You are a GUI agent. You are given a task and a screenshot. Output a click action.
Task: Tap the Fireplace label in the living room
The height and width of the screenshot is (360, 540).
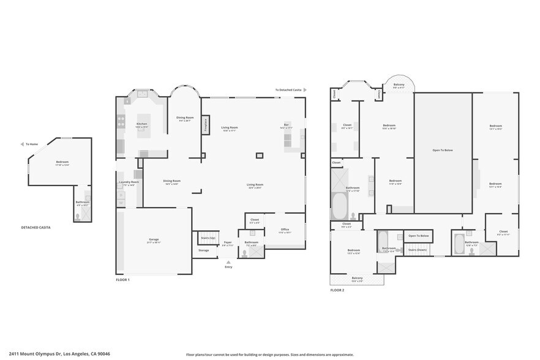click(205, 124)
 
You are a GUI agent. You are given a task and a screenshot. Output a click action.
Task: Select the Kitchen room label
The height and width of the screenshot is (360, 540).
click(141, 124)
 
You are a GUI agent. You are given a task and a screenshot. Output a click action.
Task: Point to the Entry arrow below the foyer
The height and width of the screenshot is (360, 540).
click(228, 263)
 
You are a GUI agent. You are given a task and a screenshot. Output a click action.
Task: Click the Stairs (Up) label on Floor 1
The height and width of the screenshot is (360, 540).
click(208, 237)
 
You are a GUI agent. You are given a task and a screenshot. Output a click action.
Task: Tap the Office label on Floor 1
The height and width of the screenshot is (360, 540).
click(285, 230)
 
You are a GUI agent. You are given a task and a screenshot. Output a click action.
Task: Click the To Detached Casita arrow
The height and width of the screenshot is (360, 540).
click(305, 90)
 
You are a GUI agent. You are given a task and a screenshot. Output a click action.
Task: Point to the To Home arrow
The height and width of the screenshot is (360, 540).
click(22, 144)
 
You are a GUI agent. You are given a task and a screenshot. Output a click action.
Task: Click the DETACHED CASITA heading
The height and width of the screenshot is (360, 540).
click(36, 228)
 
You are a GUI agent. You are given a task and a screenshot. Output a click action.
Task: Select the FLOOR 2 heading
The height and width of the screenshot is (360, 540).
click(337, 290)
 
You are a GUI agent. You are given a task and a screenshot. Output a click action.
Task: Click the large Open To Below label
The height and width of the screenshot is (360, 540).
click(442, 150)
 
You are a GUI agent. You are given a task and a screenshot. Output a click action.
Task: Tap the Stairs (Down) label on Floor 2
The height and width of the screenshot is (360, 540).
click(418, 250)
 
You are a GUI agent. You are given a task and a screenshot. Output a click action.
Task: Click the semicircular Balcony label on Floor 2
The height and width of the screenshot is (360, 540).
click(399, 86)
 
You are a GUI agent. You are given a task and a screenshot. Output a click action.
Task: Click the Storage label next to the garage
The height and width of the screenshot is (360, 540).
click(203, 250)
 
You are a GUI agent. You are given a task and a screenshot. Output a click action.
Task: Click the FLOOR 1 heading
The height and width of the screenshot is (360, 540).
click(122, 280)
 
